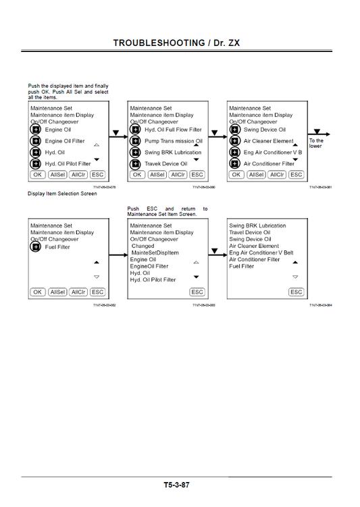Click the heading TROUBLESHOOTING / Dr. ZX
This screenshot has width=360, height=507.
click(x=175, y=43)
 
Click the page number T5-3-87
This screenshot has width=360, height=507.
click(x=176, y=485)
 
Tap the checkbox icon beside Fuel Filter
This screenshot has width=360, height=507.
click(x=36, y=248)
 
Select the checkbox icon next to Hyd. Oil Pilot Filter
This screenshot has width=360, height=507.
click(x=36, y=163)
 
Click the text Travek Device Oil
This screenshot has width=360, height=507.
click(x=165, y=163)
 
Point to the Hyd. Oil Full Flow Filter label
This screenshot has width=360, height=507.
click(x=173, y=130)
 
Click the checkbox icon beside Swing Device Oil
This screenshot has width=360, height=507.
click(x=234, y=130)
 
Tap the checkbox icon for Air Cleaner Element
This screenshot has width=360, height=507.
click(x=234, y=141)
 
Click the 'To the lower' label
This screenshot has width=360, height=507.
click(x=316, y=143)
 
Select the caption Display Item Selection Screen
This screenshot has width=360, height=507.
click(x=62, y=194)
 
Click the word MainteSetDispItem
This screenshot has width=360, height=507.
click(x=155, y=252)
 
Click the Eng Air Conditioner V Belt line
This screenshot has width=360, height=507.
click(x=261, y=252)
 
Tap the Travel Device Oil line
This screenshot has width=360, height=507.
click(x=249, y=232)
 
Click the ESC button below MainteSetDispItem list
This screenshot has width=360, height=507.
click(x=197, y=292)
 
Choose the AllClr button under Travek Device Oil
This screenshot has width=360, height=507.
click(x=178, y=174)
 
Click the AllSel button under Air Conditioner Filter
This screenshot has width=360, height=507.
click(x=256, y=174)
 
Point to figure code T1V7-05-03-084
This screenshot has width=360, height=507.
click(x=320, y=305)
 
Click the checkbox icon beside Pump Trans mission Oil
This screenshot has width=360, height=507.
click(x=135, y=141)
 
